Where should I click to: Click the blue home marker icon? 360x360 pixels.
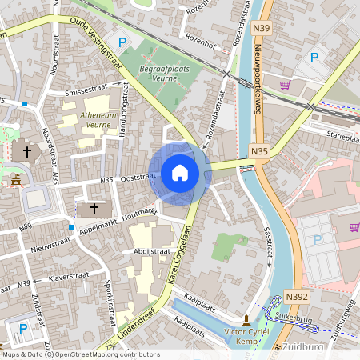180,173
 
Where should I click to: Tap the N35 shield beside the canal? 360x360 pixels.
258,150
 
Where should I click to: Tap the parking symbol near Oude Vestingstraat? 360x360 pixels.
122,42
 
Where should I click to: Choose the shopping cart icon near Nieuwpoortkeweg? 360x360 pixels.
284,84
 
